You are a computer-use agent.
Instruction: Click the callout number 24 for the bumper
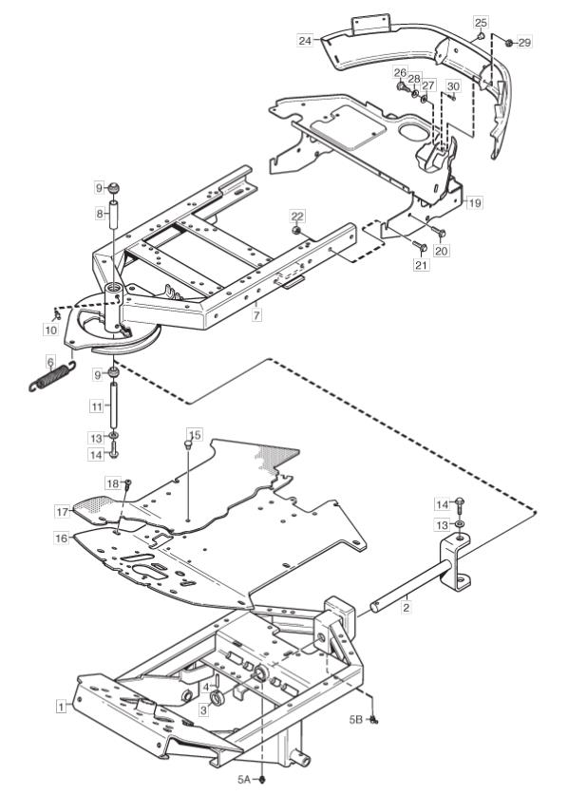(x=305, y=40)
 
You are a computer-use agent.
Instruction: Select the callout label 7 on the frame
(x=256, y=315)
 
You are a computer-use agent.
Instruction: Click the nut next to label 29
(x=509, y=43)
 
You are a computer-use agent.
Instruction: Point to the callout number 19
(x=474, y=202)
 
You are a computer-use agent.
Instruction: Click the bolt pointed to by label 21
(x=421, y=246)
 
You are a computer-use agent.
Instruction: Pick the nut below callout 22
(x=297, y=231)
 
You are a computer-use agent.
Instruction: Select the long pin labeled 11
(x=114, y=406)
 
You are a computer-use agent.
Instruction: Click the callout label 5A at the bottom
(x=244, y=779)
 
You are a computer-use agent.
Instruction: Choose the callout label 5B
(x=356, y=719)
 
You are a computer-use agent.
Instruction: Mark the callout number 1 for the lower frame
(x=62, y=706)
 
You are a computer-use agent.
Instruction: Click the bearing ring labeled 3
(x=218, y=697)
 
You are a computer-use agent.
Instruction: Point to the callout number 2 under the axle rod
(x=406, y=607)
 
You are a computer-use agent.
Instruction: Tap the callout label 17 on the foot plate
(x=63, y=512)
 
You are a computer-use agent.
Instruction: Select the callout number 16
(x=62, y=538)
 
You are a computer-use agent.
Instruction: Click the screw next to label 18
(x=127, y=484)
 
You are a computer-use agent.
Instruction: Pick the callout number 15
(x=195, y=435)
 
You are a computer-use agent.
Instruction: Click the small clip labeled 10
(x=57, y=316)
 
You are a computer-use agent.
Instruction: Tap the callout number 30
(x=453, y=86)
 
